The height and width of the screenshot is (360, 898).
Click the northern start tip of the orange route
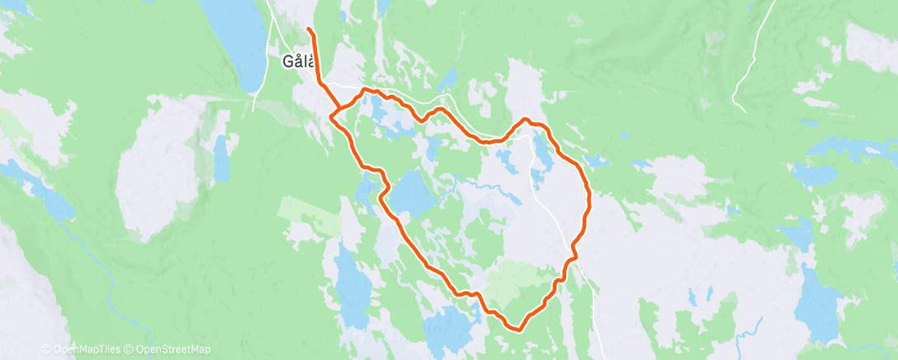click(x=309, y=30)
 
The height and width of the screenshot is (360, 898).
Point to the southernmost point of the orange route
click(x=518, y=329)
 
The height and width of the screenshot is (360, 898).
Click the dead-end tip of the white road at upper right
click(x=743, y=110)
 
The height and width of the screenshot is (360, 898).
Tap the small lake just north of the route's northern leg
click(x=448, y=81)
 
